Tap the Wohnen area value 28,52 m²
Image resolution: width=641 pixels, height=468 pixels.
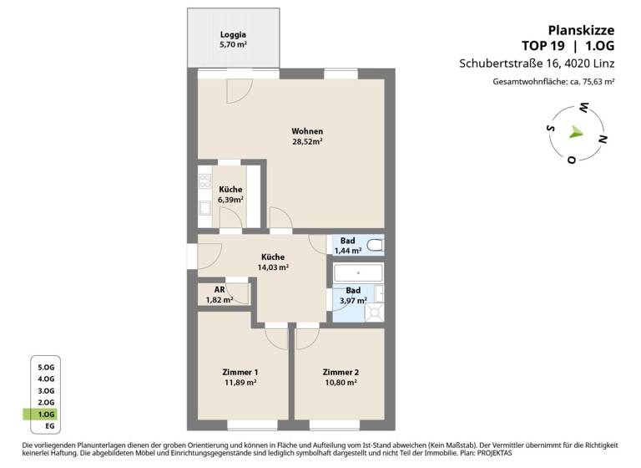pyautogui.click(x=307, y=142)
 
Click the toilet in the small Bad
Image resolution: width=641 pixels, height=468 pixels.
pyautogui.click(x=376, y=246)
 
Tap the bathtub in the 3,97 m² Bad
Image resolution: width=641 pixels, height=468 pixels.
pyautogui.click(x=357, y=273)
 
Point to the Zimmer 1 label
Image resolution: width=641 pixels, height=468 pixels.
pyautogui.click(x=240, y=372)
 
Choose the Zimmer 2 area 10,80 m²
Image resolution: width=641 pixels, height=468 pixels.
pyautogui.click(x=340, y=383)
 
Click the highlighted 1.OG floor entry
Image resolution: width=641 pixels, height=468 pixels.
pyautogui.click(x=46, y=415)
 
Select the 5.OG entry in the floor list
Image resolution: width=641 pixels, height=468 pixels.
pyautogui.click(x=46, y=367)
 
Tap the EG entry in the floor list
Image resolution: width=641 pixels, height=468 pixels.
pyautogui.click(x=49, y=426)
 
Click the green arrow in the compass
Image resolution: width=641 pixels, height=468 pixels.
pyautogui.click(x=575, y=132)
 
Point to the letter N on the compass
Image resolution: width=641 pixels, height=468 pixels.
pyautogui.click(x=603, y=139)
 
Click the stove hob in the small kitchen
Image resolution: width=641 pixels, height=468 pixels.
pyautogui.click(x=205, y=181)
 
